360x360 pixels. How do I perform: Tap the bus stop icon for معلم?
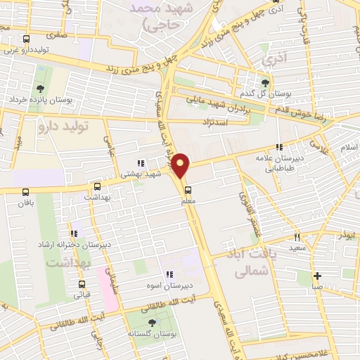[x=188, y=189]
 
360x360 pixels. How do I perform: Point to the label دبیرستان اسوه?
[x=169, y=285]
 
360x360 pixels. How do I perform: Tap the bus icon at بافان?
[x=27, y=191]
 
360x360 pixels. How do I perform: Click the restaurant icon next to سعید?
[x=297, y=238]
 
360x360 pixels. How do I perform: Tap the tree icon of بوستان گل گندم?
[x=264, y=83]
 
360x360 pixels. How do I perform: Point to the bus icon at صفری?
[x=27, y=39]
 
